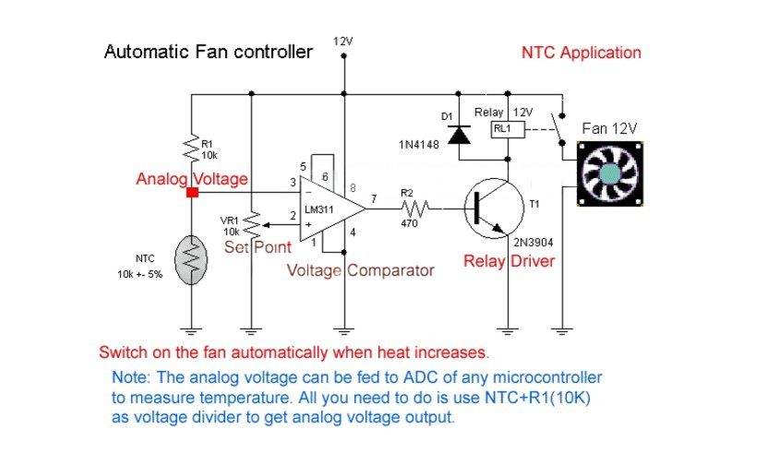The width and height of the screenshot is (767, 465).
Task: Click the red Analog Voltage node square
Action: click(x=192, y=192)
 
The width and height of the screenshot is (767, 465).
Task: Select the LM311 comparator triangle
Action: click(x=331, y=209)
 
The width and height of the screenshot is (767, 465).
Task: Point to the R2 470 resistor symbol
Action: click(x=409, y=209)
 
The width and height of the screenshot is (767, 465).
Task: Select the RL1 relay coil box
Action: click(x=502, y=129)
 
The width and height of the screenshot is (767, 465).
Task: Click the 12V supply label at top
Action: click(x=343, y=42)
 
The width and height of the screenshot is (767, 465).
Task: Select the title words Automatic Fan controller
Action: click(x=208, y=52)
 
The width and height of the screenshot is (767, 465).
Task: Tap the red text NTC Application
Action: click(x=581, y=53)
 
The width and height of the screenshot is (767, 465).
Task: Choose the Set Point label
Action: click(x=258, y=247)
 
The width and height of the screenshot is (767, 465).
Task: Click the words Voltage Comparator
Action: click(x=360, y=271)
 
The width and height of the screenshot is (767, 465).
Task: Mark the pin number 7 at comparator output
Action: click(x=373, y=199)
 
